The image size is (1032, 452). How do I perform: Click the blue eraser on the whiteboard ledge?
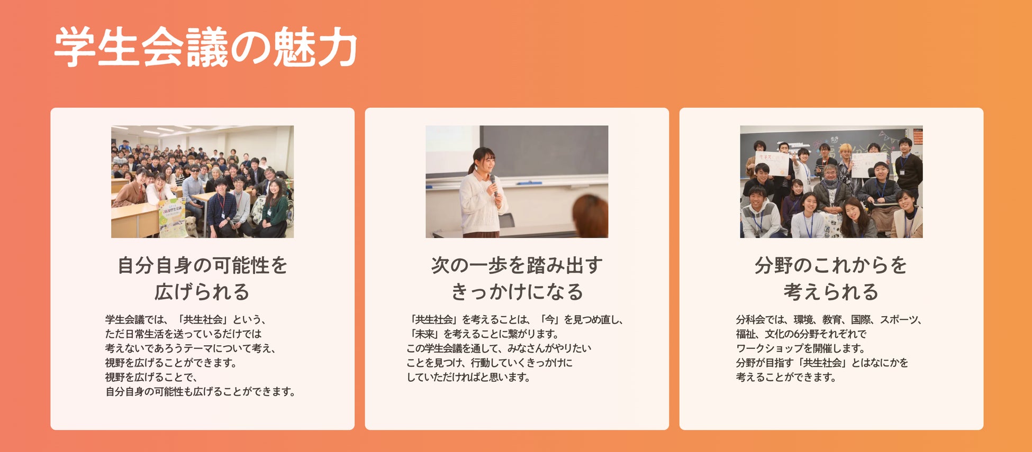(x=529, y=183)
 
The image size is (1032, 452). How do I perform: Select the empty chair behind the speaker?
(x=506, y=220)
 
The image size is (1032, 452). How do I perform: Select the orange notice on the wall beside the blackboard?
(x=917, y=136)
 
